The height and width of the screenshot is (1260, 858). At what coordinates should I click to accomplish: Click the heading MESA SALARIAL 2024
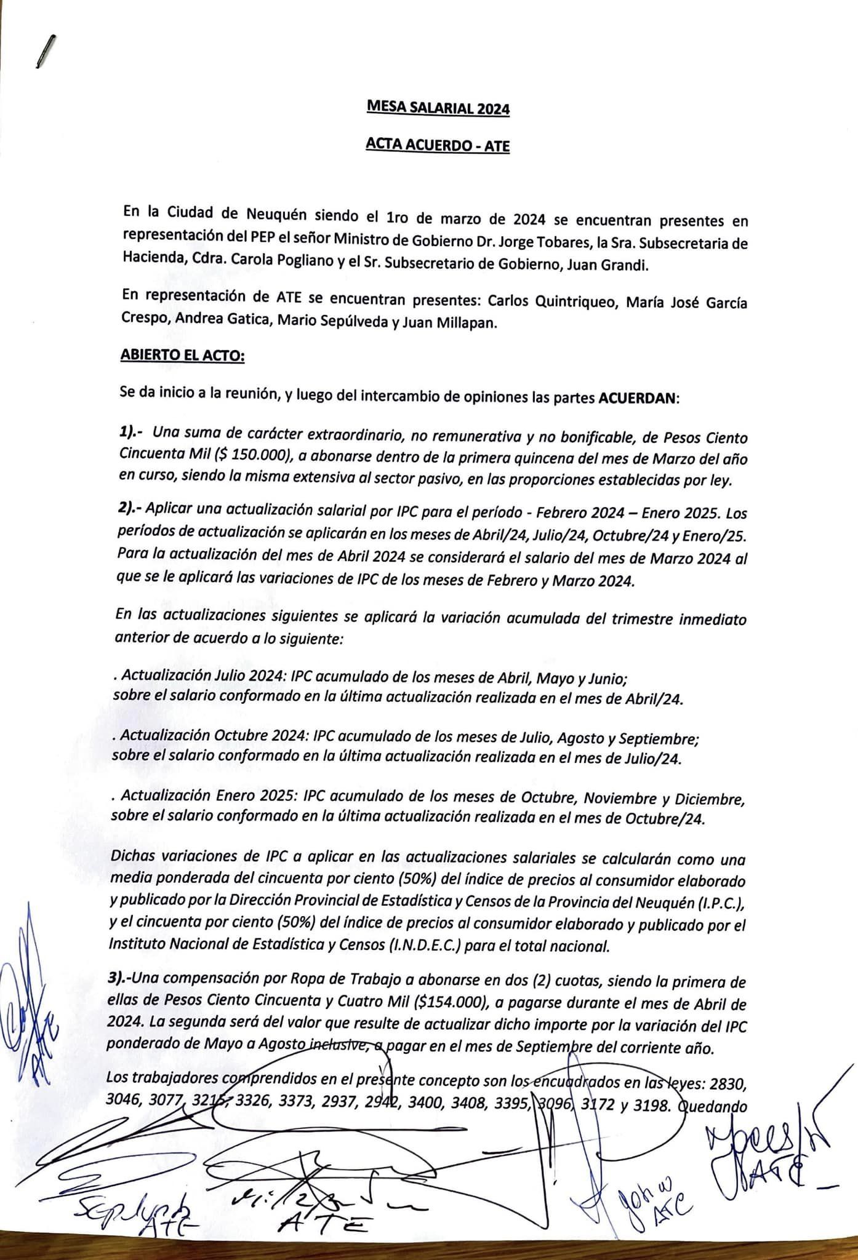click(x=438, y=108)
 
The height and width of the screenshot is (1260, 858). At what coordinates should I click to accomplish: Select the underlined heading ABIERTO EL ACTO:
click(x=183, y=357)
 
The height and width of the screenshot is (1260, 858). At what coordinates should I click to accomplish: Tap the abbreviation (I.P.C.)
click(x=722, y=904)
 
